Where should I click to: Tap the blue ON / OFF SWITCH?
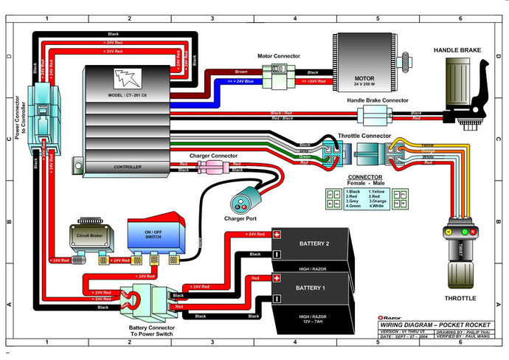153,236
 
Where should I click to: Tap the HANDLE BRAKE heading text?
457,49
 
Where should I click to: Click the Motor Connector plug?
279,72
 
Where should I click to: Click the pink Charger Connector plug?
208,167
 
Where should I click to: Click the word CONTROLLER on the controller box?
128,167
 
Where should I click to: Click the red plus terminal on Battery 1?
277,278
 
